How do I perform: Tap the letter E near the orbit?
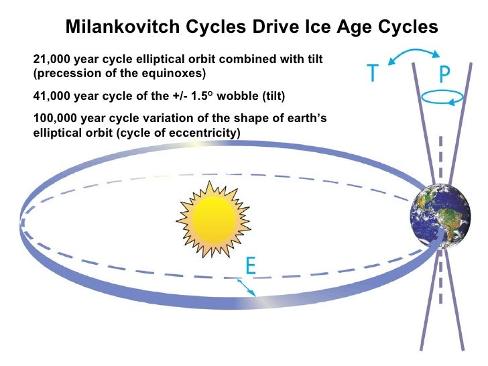point(249,267)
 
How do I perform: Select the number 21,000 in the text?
point(51,60)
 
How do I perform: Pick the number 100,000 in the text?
point(54,119)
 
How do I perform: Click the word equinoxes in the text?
point(174,72)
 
